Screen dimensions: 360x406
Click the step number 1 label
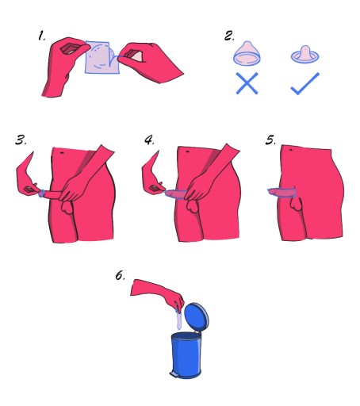point(41,36)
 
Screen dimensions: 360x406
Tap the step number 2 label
point(229,36)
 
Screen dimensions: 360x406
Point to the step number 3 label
point(21,140)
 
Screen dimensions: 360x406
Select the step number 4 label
point(149,140)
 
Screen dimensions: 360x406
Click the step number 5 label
point(270,140)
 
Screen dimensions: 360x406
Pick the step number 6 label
point(120,275)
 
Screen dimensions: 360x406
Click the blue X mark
point(247,83)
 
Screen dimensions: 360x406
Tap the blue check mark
point(305,83)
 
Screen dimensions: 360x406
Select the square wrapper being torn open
point(101,57)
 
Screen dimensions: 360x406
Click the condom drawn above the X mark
point(247,53)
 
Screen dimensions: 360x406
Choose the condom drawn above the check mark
point(305,55)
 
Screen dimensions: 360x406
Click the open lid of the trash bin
point(197,316)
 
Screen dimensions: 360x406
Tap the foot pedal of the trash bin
point(174,374)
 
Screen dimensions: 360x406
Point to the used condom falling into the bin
point(179,320)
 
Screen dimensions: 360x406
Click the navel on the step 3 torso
point(62,152)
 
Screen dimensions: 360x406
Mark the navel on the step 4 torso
point(187,151)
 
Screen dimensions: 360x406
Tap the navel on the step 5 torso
point(290,150)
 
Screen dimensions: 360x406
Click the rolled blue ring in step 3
point(41,193)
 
